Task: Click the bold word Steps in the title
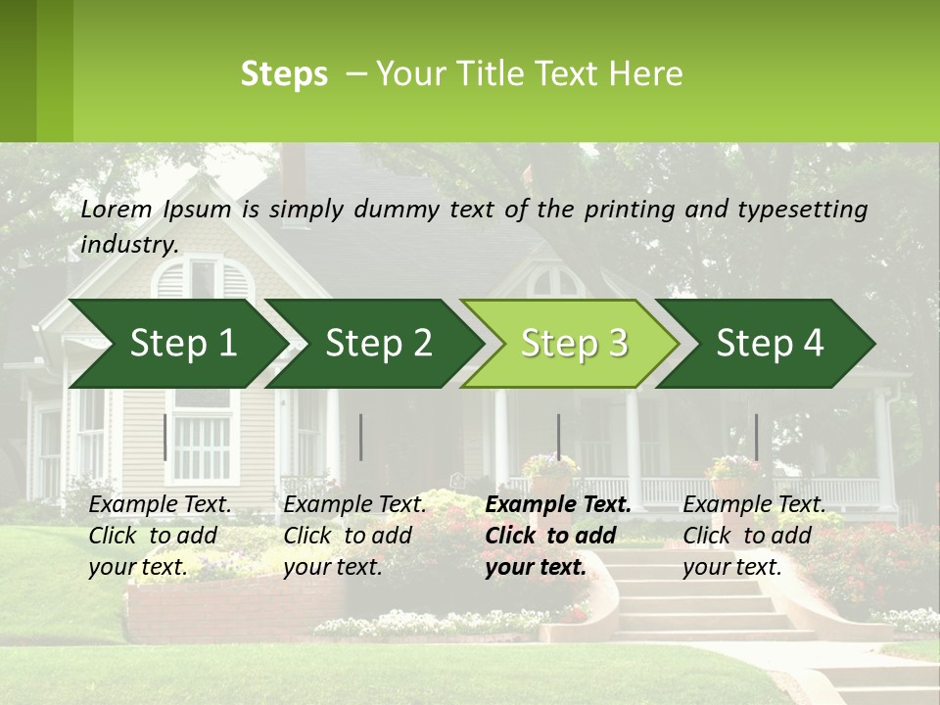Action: click(284, 74)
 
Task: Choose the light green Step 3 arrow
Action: click(574, 343)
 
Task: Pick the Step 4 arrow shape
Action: click(770, 343)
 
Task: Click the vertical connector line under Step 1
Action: click(164, 437)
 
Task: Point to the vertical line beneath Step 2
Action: click(361, 437)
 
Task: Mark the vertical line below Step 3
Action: click(558, 437)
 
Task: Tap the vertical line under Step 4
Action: click(756, 437)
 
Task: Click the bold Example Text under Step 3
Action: click(558, 505)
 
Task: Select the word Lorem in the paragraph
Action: click(117, 209)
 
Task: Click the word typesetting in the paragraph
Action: click(811, 209)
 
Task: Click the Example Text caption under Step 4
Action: click(754, 505)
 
